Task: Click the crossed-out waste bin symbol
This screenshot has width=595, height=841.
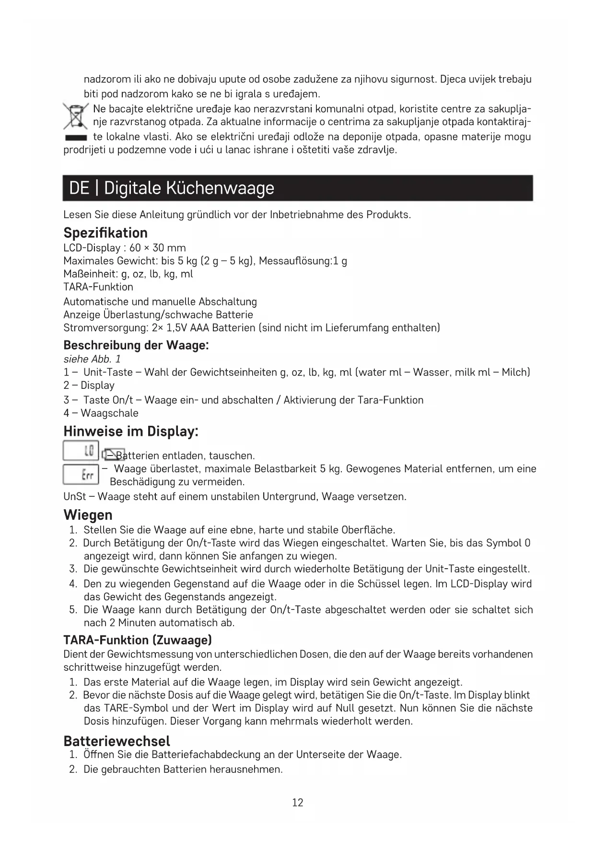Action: (75, 117)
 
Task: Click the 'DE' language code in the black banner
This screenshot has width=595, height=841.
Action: (79, 188)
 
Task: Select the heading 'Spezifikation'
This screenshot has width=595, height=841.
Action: (105, 233)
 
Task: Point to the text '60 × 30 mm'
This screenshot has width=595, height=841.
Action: (157, 248)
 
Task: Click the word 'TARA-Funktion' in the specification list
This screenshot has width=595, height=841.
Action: (98, 287)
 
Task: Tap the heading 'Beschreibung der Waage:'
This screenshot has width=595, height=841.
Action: (136, 345)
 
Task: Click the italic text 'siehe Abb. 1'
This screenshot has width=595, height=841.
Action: (92, 359)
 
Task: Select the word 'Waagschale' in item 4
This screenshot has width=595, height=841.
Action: (109, 413)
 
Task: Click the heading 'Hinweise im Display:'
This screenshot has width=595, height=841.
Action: (131, 432)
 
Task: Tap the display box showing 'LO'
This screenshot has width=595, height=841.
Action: (81, 451)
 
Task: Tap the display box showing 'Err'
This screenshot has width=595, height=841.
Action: (81, 475)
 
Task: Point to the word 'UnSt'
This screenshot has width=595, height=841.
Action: (74, 497)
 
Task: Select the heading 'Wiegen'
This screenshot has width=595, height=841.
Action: (88, 515)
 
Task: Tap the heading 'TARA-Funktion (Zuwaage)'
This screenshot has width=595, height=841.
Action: (138, 641)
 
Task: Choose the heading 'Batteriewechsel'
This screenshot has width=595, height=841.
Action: (117, 741)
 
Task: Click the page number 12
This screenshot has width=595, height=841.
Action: (297, 803)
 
